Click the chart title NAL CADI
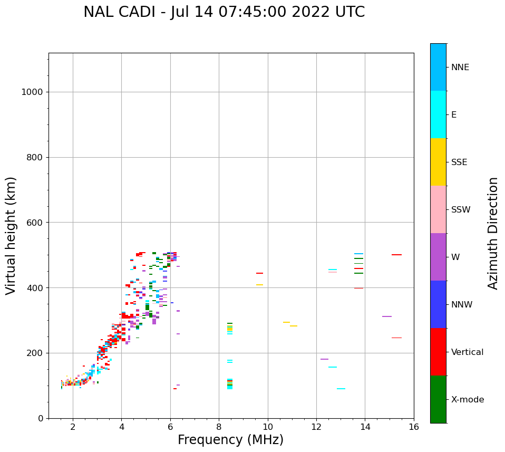tap(224, 12)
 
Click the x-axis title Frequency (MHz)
tap(230, 440)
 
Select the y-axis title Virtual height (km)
tap(11, 235)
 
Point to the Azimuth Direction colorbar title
tap(493, 233)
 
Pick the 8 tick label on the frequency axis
tap(219, 426)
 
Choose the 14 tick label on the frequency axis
tap(365, 426)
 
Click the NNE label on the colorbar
tap(460, 68)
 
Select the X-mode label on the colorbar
tap(467, 400)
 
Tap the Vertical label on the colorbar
tap(467, 352)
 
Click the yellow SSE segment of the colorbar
tap(438, 162)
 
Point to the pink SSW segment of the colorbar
tap(438, 209)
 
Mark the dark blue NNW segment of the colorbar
tap(438, 304)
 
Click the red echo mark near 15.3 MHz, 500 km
tap(396, 255)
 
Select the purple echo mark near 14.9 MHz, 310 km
tap(387, 316)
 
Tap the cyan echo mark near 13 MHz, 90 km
tap(341, 389)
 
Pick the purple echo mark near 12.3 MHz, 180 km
tap(324, 359)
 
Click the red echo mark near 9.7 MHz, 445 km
tap(259, 273)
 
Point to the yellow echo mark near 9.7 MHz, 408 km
tap(259, 285)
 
